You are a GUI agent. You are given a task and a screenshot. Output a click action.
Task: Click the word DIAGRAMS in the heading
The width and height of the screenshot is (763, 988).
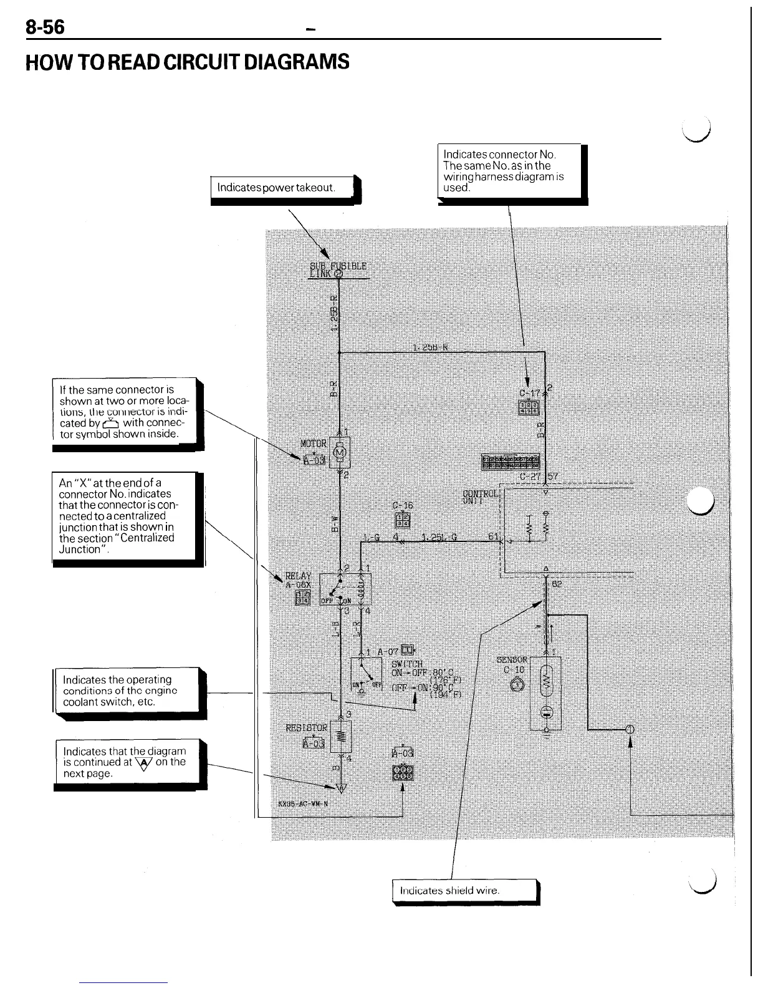click(x=296, y=62)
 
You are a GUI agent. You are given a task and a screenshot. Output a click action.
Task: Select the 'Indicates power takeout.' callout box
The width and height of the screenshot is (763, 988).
click(x=282, y=187)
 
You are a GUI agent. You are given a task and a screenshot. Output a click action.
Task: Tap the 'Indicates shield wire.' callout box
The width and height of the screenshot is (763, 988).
click(x=464, y=891)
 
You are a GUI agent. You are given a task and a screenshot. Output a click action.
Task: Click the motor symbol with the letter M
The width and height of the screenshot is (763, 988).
click(x=340, y=452)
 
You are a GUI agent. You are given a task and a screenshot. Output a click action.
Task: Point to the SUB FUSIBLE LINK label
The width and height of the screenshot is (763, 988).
click(x=338, y=269)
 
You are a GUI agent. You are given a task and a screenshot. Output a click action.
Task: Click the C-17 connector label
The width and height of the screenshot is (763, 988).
click(x=530, y=394)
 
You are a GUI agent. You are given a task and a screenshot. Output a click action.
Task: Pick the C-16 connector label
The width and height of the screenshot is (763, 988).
click(x=403, y=506)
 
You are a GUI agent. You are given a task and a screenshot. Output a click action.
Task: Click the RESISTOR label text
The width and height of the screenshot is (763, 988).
click(x=306, y=727)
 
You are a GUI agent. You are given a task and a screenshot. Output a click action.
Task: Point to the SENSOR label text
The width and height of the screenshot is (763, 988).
click(x=512, y=659)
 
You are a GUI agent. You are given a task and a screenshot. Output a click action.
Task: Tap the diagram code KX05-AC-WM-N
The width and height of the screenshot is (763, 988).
click(x=303, y=803)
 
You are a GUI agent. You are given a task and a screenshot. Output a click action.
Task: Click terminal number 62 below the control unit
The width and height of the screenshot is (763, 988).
click(x=557, y=584)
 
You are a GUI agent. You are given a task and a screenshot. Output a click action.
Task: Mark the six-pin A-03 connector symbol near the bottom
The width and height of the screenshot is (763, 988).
click(x=402, y=773)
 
